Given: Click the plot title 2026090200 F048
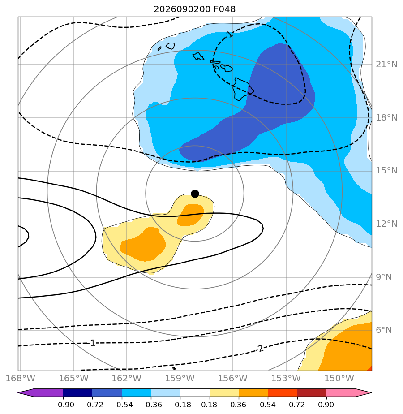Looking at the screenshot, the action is (x=194, y=9).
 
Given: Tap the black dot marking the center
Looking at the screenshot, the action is (x=195, y=194).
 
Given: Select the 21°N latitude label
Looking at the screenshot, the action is (x=386, y=65).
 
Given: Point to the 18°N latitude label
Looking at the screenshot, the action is (x=386, y=118).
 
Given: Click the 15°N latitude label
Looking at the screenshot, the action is (x=386, y=171).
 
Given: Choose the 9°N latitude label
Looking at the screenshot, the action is (x=384, y=277).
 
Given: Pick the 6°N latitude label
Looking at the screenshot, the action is (x=384, y=330).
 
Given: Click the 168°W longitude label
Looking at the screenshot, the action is (x=20, y=378).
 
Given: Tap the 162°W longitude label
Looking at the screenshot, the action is (x=127, y=378).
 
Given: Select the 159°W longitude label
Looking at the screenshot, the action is (x=180, y=378).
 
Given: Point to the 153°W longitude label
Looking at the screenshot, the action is (x=286, y=378).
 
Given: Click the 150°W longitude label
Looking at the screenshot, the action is (x=339, y=378).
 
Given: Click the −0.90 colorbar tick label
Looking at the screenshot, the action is (x=63, y=405).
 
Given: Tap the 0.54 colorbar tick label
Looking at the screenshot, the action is (x=268, y=405).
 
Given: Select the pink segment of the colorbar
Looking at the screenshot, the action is (x=341, y=393).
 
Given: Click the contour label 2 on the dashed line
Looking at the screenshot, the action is (x=261, y=349).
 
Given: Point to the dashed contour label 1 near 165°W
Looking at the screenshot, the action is (x=93, y=343).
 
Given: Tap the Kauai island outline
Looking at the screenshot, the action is (x=171, y=46).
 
